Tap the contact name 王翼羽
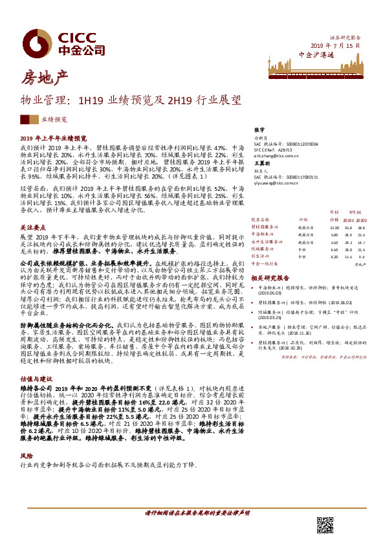(262, 164)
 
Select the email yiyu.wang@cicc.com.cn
(278, 184)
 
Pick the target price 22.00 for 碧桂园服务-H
(334, 227)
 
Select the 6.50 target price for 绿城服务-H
(335, 249)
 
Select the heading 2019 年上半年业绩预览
(53, 139)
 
